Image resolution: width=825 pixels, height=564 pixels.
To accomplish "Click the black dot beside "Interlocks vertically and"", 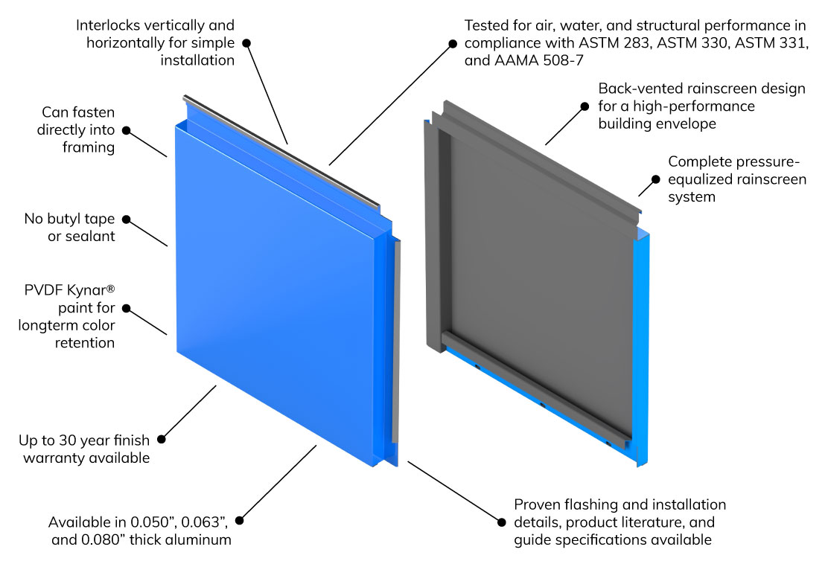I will coord(246,43).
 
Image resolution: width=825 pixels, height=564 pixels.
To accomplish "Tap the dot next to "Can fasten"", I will coord(126,130).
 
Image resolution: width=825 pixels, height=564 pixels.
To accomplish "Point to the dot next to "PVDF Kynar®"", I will coord(126,307).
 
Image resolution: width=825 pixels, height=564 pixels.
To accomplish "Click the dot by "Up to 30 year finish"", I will coord(162,439).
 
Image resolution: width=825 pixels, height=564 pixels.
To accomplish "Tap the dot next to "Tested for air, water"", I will coord(451,43).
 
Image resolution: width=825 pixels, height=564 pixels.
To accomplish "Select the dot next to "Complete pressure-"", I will coord(655,179).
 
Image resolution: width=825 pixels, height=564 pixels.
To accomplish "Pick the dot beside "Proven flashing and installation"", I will coord(501,522).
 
